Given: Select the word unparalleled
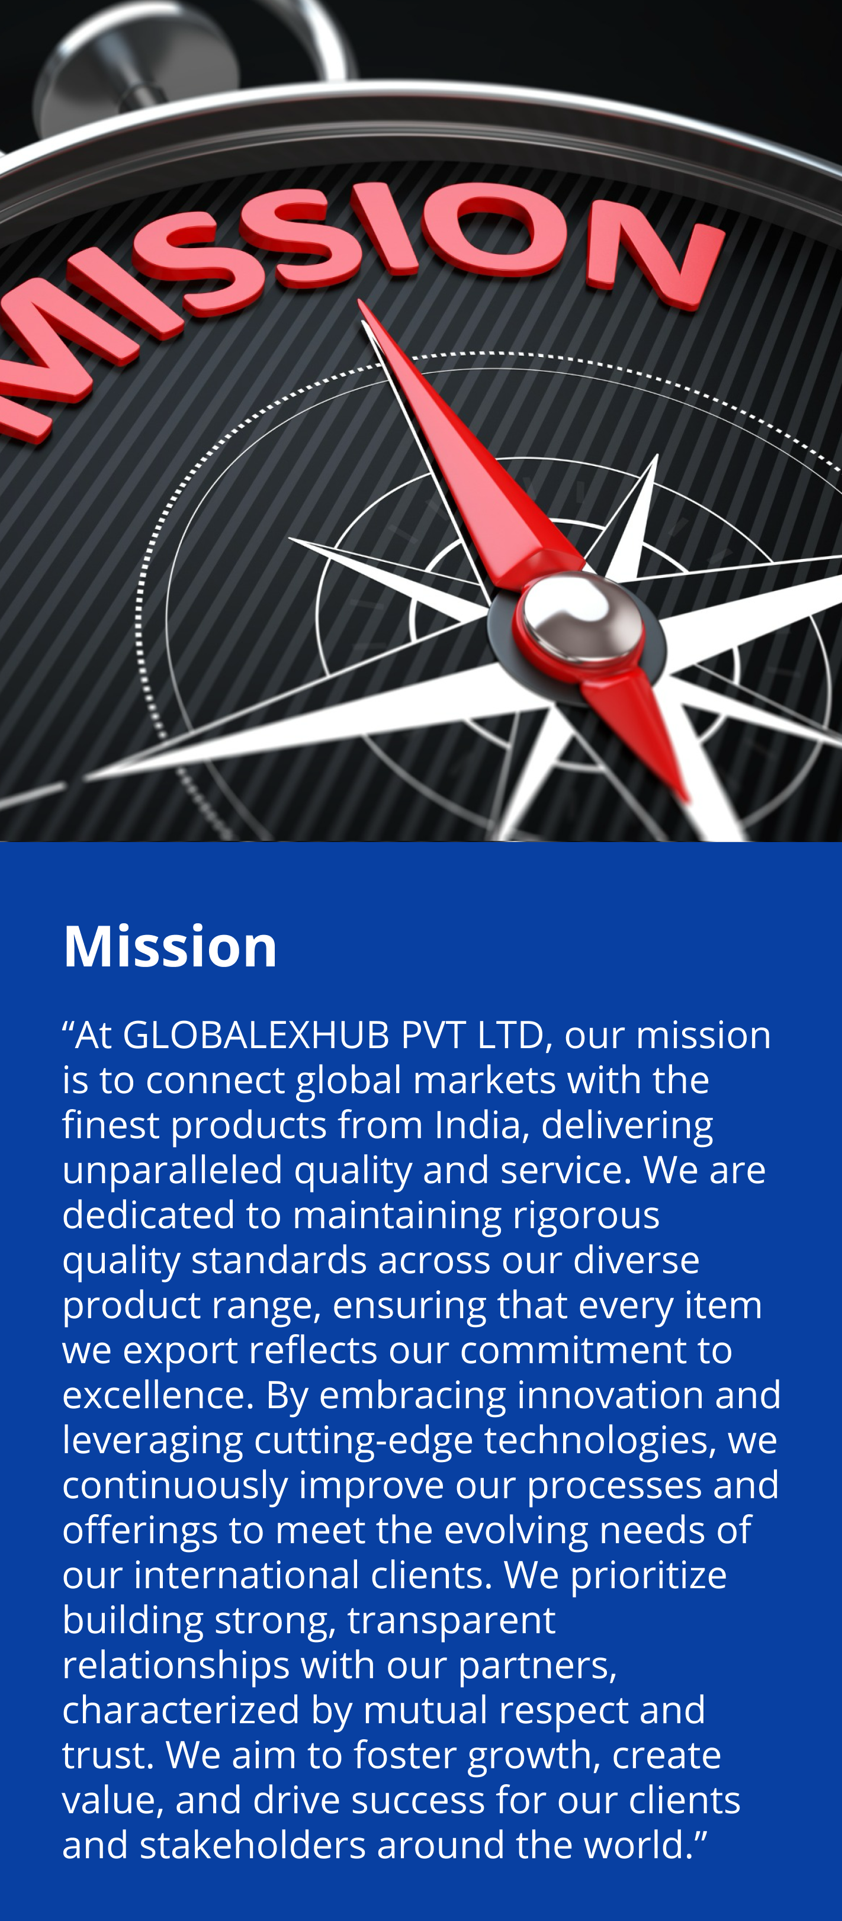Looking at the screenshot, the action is [x=172, y=1171].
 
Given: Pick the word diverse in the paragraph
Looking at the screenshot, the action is [x=636, y=1260].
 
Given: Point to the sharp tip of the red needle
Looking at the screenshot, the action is [x=360, y=301].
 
